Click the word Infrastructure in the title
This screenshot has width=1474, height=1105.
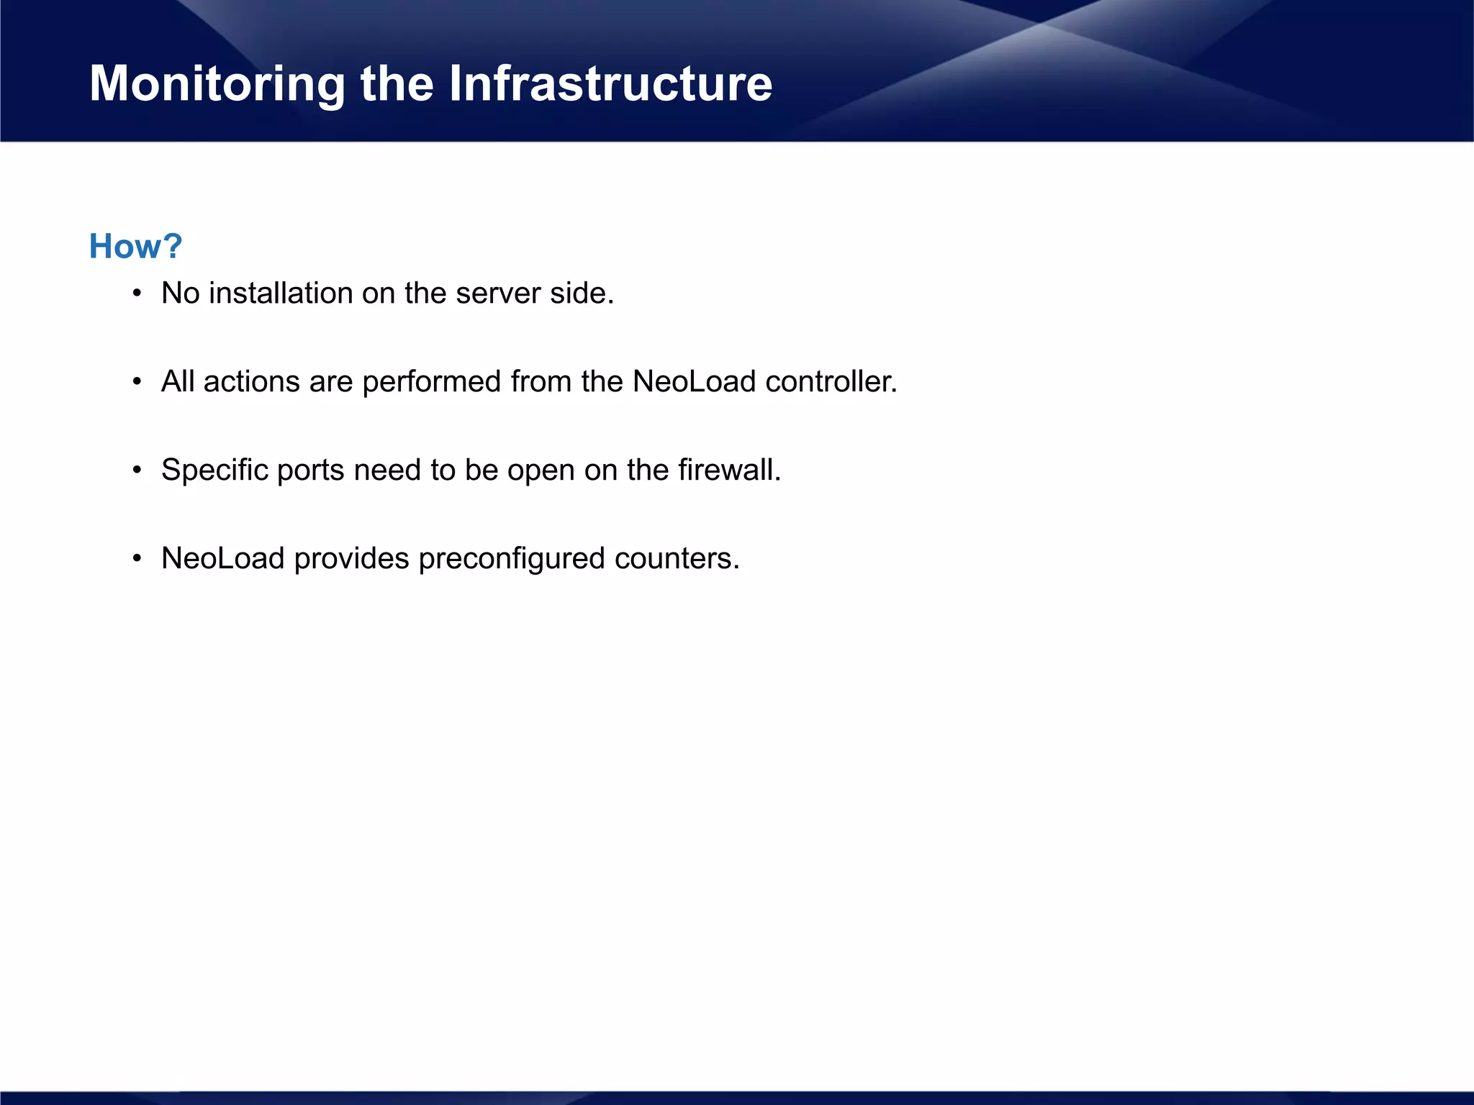[x=610, y=83]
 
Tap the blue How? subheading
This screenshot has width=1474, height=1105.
[x=135, y=247]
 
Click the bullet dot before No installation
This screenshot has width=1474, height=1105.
[x=137, y=294]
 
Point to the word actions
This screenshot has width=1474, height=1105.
[x=251, y=382]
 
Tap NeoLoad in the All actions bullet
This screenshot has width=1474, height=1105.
[x=694, y=382]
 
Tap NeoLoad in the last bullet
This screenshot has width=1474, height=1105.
[x=222, y=559]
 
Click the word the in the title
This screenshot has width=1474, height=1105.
[x=397, y=83]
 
